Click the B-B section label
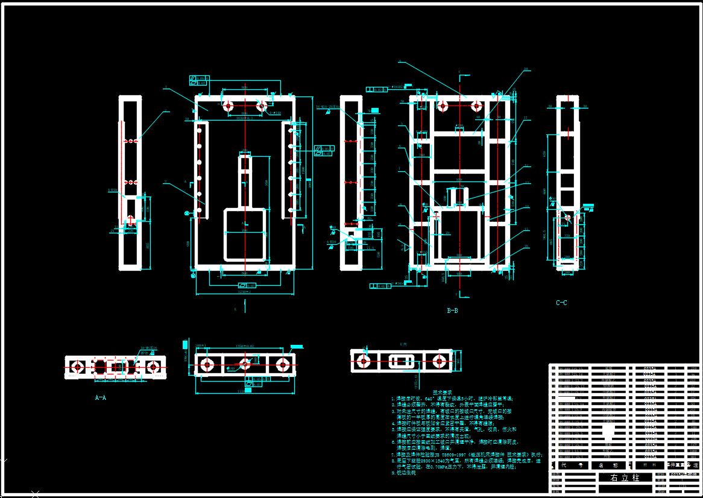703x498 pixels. click(452, 311)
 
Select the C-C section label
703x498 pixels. click(561, 303)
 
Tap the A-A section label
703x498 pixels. click(101, 398)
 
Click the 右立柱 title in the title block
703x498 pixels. click(623, 478)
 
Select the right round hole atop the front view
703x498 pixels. click(262, 106)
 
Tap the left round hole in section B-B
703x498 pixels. click(443, 106)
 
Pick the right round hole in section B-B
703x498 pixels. click(476, 106)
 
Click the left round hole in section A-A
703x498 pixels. click(77, 367)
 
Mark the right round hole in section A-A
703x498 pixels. click(154, 367)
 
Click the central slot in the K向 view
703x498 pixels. click(400, 362)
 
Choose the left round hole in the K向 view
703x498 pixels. click(363, 361)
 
